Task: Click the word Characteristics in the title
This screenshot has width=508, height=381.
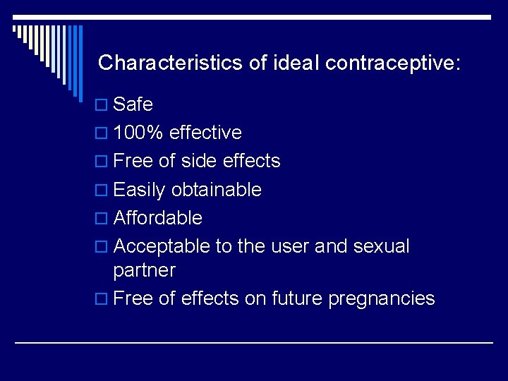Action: pyautogui.click(x=170, y=63)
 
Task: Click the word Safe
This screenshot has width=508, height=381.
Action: pyautogui.click(x=133, y=104)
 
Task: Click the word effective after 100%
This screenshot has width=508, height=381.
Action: pyautogui.click(x=205, y=133)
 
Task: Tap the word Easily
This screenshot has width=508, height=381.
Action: pyautogui.click(x=139, y=190)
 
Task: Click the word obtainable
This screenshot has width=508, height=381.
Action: pyautogui.click(x=216, y=190)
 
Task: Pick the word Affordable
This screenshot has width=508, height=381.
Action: pyautogui.click(x=157, y=218)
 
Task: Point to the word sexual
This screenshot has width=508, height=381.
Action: pyautogui.click(x=381, y=246)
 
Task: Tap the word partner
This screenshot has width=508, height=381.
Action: pyautogui.click(x=145, y=271)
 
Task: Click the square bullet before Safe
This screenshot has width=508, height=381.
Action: pyautogui.click(x=101, y=106)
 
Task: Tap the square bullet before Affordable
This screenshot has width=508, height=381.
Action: pyautogui.click(x=101, y=219)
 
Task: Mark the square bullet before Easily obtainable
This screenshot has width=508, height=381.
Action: pyautogui.click(x=101, y=191)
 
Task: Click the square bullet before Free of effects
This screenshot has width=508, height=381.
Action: pyautogui.click(x=101, y=300)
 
